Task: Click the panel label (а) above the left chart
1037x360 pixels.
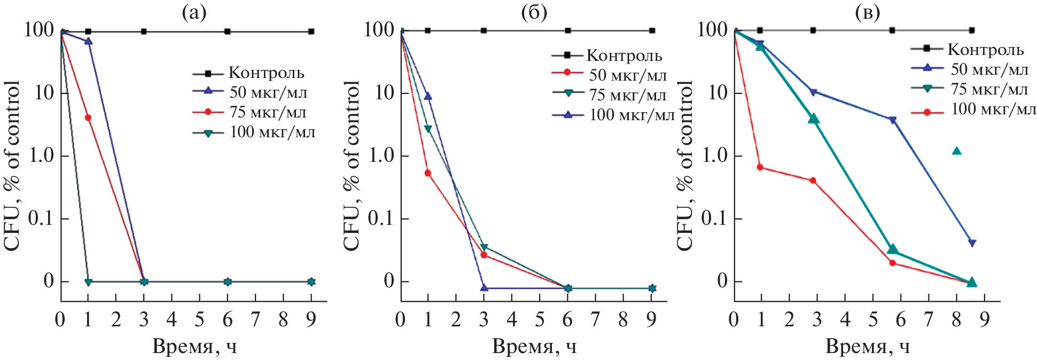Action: pos(194,12)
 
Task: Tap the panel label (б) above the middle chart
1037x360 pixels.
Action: pos(534,12)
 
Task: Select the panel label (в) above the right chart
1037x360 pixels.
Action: pos(867,12)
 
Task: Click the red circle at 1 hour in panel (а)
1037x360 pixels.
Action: pos(88,118)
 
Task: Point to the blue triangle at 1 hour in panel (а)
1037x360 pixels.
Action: pos(89,41)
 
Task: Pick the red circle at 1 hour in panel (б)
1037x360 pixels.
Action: pos(428,173)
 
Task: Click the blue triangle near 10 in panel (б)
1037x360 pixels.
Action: pos(428,96)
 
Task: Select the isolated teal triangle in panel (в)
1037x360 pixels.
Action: pos(957,151)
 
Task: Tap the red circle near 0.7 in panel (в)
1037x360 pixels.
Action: pos(760,167)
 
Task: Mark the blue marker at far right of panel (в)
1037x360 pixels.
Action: pos(972,243)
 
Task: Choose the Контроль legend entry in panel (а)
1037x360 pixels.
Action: pos(249,73)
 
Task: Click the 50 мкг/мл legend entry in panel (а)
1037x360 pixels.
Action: pos(250,92)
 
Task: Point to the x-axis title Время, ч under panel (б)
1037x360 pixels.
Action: pos(534,347)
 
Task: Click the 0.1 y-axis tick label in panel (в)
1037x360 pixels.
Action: pos(714,218)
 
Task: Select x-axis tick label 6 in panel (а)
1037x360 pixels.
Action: pos(228,320)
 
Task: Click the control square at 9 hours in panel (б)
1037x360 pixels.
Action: pos(652,30)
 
